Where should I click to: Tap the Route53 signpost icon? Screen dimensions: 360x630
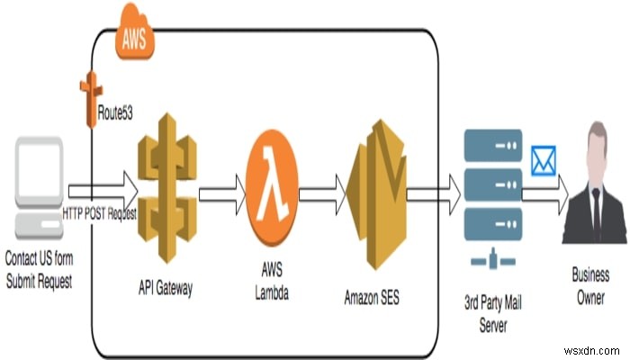(x=89, y=94)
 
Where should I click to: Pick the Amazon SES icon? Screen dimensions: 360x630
(x=373, y=193)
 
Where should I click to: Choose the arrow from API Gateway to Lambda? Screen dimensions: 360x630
(x=221, y=192)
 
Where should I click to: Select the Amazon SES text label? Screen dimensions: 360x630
(x=372, y=295)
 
